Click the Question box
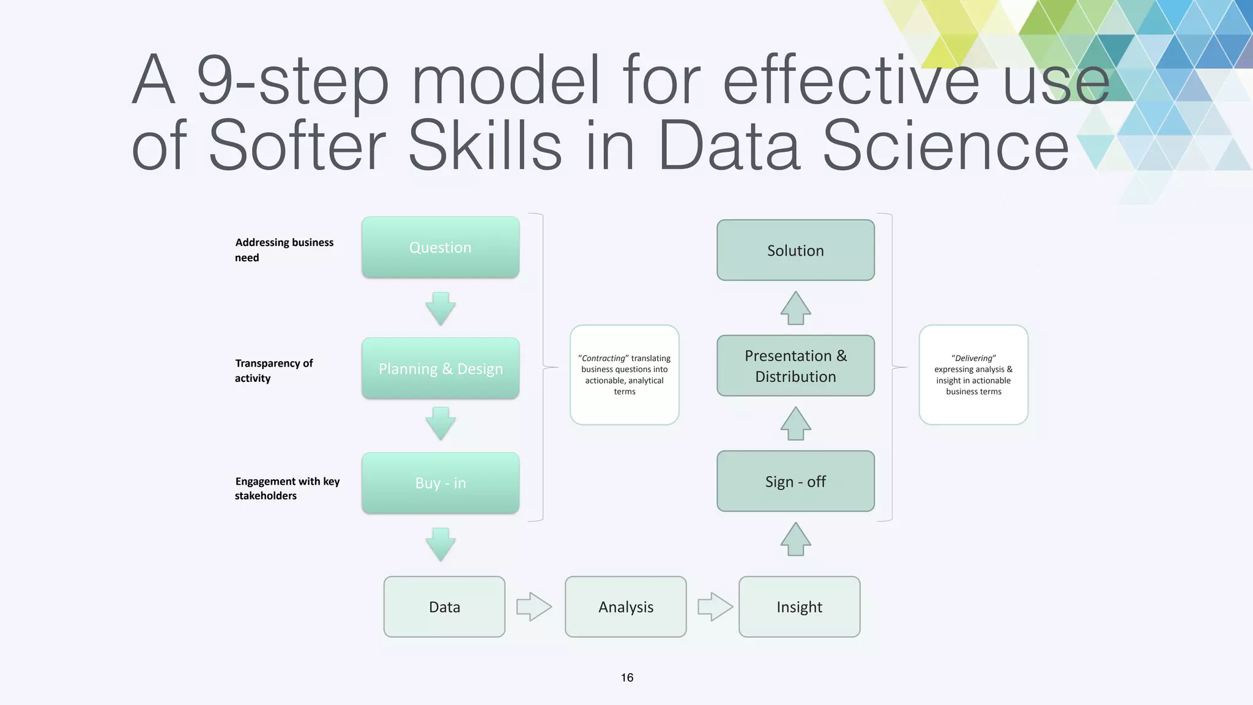[x=441, y=247]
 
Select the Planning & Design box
[x=441, y=368]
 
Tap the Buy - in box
[x=441, y=483]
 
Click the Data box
[x=444, y=606]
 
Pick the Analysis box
[x=625, y=606]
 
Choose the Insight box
[x=799, y=606]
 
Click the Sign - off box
[x=795, y=481]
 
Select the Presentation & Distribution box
[x=795, y=365]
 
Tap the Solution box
[x=795, y=250]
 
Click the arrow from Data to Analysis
[x=534, y=606]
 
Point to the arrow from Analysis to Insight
[x=715, y=606]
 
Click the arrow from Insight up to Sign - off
[x=795, y=539]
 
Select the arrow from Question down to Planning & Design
[x=441, y=308]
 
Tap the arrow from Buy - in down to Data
[x=441, y=544]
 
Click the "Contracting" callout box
[x=625, y=375]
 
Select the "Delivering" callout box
[x=973, y=375]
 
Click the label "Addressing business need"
[x=284, y=250]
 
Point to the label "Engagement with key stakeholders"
[x=287, y=488]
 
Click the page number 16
[x=627, y=677]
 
